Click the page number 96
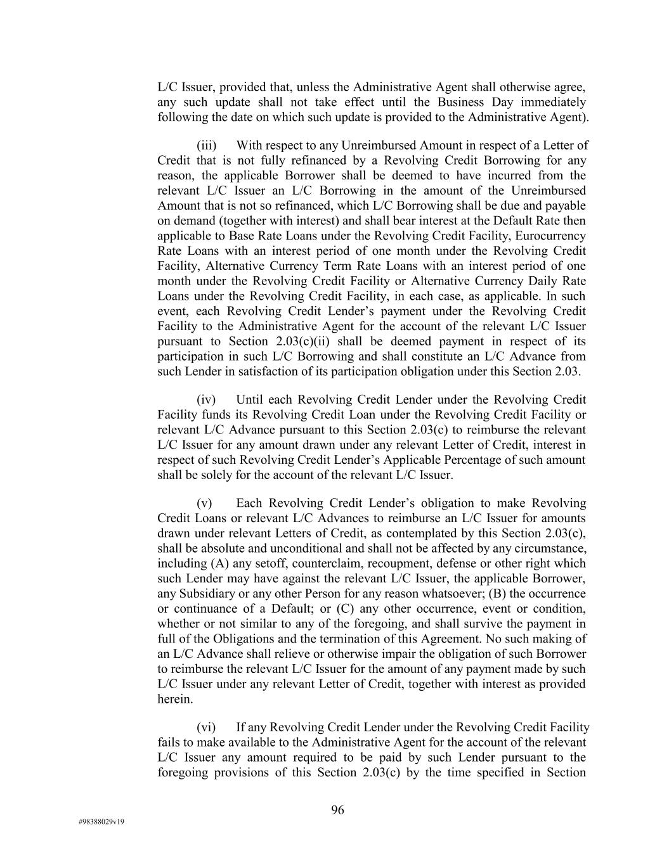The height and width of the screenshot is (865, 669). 337,810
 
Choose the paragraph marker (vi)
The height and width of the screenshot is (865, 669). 207,727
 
